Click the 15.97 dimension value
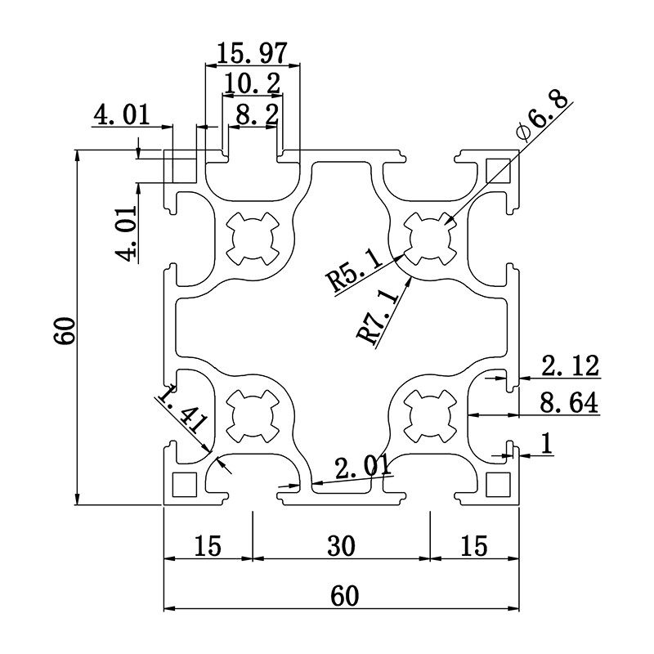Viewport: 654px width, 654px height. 252,54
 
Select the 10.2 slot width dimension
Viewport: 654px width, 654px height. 252,83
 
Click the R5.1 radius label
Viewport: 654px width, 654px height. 353,271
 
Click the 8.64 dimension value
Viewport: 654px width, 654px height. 570,402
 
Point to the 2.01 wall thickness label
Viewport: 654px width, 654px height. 361,467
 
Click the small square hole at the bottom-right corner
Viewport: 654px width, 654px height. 496,484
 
